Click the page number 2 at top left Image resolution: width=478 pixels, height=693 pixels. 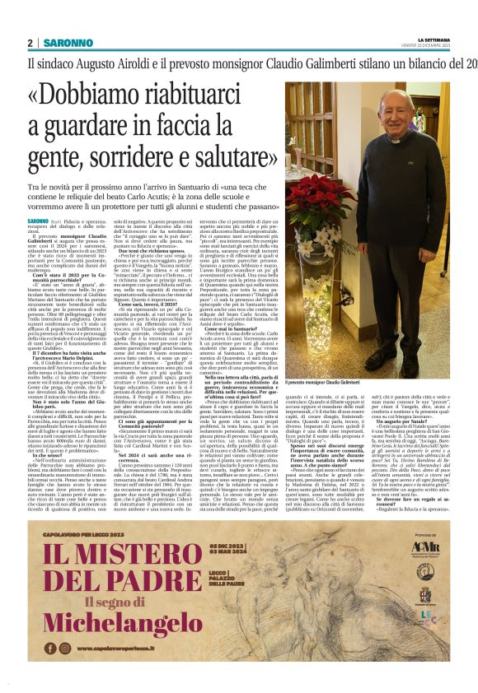pyautogui.click(x=30, y=43)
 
